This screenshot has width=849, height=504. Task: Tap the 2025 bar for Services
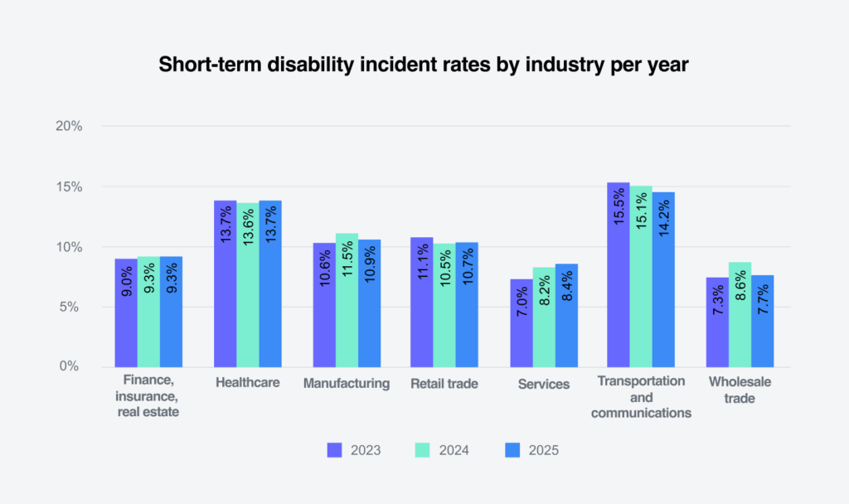tap(566, 316)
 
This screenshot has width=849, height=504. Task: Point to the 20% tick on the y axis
tap(69, 127)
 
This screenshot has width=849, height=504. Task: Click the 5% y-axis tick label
tap(72, 307)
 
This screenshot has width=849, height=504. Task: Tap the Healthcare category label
tap(247, 383)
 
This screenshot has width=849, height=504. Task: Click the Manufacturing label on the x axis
tap(346, 383)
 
